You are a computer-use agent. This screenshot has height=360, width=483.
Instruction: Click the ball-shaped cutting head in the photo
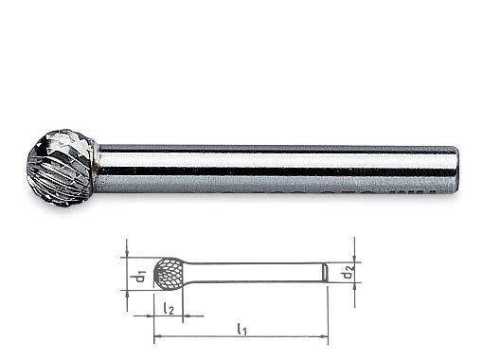tap(62, 168)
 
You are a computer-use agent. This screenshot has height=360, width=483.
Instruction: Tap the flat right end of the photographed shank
tap(456, 169)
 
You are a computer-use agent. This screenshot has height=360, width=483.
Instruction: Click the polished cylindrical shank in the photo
tap(277, 169)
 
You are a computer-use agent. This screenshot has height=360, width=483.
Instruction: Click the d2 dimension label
tap(348, 273)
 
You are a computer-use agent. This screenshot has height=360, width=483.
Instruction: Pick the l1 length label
tap(241, 330)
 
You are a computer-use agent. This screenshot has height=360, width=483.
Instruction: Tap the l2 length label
tap(169, 309)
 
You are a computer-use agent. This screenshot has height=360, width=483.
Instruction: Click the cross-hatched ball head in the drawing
tap(169, 274)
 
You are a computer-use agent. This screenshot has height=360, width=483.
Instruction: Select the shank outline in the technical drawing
tap(256, 272)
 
